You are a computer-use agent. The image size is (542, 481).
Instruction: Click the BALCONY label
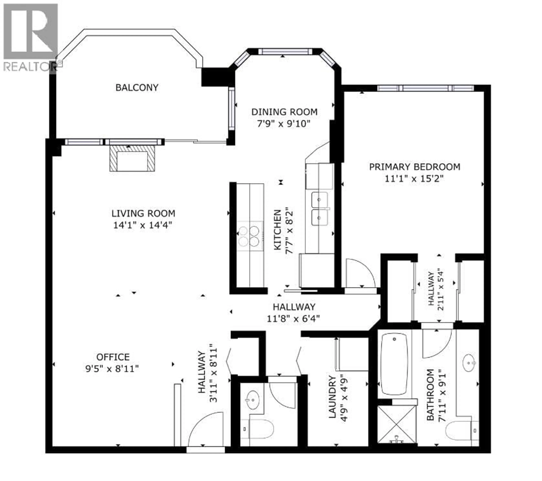[x=137, y=87]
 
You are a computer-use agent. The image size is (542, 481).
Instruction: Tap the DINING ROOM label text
[x=284, y=112]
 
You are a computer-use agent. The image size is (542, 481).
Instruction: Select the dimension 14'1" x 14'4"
[x=143, y=225]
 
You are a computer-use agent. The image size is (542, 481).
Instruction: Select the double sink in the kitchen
[x=319, y=209]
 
